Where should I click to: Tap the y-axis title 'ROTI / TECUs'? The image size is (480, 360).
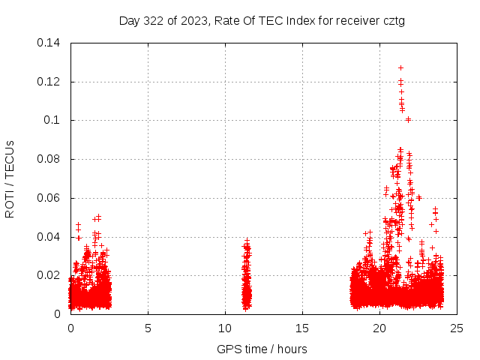pos(10,178)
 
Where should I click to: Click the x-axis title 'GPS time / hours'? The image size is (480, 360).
pos(262,349)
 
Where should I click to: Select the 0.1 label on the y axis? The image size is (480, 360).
pos(54,120)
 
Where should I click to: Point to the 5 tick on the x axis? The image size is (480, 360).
pos(148,328)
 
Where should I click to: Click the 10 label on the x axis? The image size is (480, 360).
pos(225,328)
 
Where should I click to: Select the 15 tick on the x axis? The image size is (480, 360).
pos(302,328)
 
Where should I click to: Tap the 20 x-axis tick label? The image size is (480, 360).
pos(379,328)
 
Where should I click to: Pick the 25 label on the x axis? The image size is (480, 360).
pos(457,328)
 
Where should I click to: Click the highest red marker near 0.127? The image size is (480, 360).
pos(400,67)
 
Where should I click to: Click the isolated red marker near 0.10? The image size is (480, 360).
pos(408,119)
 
